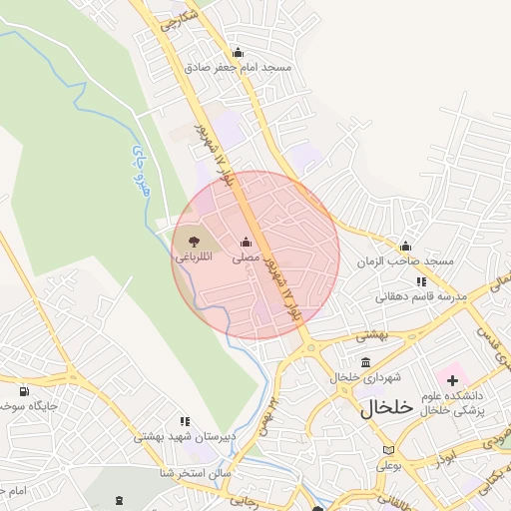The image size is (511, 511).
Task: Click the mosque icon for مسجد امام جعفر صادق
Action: point(238,53)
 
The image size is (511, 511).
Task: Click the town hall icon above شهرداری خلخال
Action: point(365,362)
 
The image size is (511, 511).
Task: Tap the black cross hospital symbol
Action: point(453,379)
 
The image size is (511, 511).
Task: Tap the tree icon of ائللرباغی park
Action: point(191,242)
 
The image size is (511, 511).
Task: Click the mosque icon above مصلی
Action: point(247,242)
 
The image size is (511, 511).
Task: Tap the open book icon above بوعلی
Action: point(387,449)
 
